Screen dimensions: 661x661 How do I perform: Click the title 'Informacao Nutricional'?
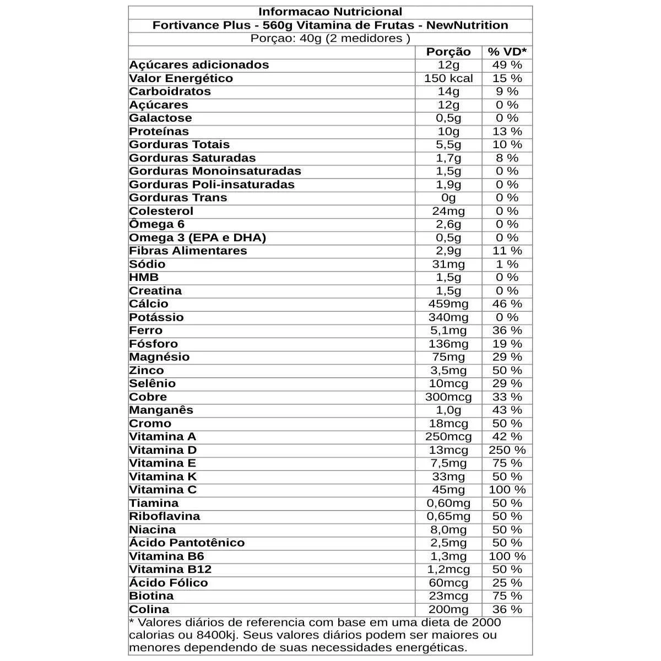tap(330, 12)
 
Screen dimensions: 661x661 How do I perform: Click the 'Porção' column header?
tap(448, 52)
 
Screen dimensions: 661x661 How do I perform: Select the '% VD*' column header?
tap(507, 52)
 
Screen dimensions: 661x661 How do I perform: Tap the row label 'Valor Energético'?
tap(181, 78)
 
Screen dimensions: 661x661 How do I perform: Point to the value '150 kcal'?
tap(448, 78)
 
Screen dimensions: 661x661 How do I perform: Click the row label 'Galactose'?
tap(160, 118)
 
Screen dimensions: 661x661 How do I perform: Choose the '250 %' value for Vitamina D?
tap(507, 450)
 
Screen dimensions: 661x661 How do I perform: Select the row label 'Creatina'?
tap(155, 291)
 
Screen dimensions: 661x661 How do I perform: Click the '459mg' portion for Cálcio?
tap(448, 304)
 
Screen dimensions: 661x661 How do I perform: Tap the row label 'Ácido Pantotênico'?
tap(187, 543)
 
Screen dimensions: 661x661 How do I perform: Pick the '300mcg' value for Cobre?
tap(448, 397)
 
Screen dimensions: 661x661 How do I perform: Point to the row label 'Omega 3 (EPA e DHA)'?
tap(198, 237)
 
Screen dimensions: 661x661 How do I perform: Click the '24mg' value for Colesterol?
tap(448, 211)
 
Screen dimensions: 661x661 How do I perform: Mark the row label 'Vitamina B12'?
tap(170, 570)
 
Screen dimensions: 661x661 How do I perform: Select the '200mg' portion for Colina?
tap(448, 609)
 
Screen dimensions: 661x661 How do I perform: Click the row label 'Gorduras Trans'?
tap(178, 198)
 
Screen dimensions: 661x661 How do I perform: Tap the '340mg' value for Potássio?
tap(448, 317)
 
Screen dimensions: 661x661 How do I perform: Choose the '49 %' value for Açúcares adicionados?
tap(507, 65)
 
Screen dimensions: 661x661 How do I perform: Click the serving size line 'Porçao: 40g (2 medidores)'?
tap(330, 39)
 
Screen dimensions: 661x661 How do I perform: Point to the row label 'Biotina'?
tap(151, 596)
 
